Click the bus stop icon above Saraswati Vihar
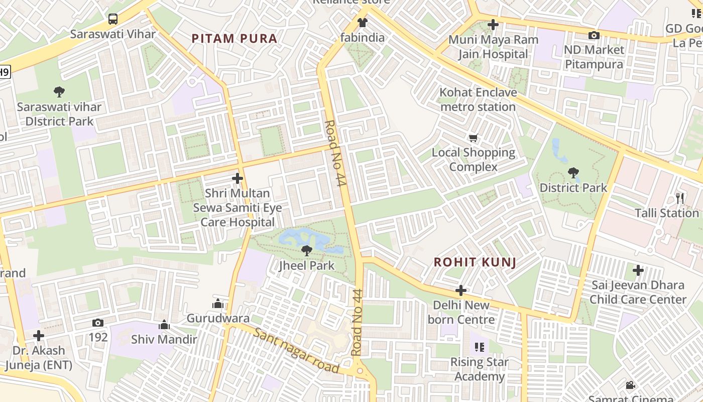coord(113,19)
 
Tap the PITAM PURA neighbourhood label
coord(235,39)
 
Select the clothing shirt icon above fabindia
coord(362,22)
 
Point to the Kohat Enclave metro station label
coord(478,99)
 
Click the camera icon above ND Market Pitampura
coord(594,35)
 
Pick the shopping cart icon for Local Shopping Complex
coord(473,138)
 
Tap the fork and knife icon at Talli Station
coord(680,198)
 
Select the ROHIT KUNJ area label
coord(475,262)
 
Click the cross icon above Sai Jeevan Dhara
coord(638,271)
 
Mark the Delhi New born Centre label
coord(461,312)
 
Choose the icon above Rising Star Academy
coord(480,347)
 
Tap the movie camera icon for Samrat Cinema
coord(630,385)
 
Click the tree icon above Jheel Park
coord(306,250)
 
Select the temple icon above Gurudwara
coord(218,304)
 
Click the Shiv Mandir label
coord(164,339)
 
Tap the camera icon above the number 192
coord(98,323)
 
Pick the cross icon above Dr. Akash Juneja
coord(39,336)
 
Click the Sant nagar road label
coord(296,350)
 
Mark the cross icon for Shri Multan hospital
coord(238,178)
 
